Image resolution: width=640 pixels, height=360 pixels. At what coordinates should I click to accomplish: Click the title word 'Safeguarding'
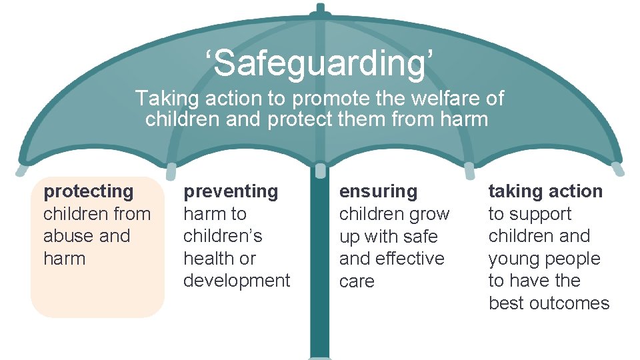pyautogui.click(x=320, y=64)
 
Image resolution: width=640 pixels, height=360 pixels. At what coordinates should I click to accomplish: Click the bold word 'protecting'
pyautogui.click(x=88, y=191)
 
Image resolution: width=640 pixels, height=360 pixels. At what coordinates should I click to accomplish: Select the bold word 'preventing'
pyautogui.click(x=231, y=191)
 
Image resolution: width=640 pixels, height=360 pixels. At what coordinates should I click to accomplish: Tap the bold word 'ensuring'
pyautogui.click(x=378, y=191)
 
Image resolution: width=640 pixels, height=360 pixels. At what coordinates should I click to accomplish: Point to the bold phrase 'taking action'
pyautogui.click(x=545, y=191)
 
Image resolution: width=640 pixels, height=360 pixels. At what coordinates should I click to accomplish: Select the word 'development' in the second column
pyautogui.click(x=237, y=281)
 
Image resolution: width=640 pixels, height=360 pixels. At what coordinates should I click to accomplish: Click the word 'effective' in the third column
pyautogui.click(x=410, y=259)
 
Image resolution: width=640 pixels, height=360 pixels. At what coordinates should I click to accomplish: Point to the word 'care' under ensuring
pyautogui.click(x=357, y=281)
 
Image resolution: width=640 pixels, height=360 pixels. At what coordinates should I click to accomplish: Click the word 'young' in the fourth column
pyautogui.click(x=513, y=259)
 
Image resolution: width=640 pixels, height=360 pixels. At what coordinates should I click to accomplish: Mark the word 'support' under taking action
pyautogui.click(x=540, y=214)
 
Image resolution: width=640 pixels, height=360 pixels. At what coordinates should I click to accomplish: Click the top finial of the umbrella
pyautogui.click(x=320, y=9)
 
